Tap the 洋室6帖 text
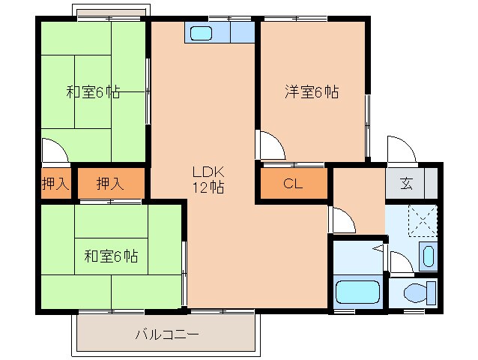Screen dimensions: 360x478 pyautogui.click(x=311, y=92)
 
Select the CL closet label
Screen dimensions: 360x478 pyautogui.click(x=293, y=184)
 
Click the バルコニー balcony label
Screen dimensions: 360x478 pyautogui.click(x=166, y=334)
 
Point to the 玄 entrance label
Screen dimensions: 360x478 pyautogui.click(x=405, y=184)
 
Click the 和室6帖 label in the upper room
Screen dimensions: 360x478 pyautogui.click(x=93, y=92)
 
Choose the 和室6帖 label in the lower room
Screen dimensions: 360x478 pyautogui.click(x=110, y=256)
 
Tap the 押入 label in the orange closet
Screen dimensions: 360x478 pyautogui.click(x=111, y=184)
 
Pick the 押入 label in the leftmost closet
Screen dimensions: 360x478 pyautogui.click(x=55, y=184)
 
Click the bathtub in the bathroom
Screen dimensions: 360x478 pyautogui.click(x=357, y=292)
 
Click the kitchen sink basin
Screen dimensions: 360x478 pyautogui.click(x=202, y=33)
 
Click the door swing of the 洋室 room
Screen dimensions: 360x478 pyautogui.click(x=270, y=144)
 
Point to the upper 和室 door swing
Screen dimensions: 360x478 pyautogui.click(x=55, y=150)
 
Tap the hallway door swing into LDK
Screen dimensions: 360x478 pyautogui.click(x=341, y=218)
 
